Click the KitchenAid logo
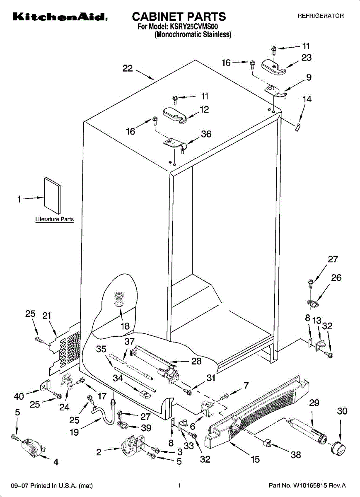coord(60,17)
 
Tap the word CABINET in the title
coord(157,17)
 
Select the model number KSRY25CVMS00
coord(194,27)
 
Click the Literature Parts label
coord(54,219)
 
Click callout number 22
coord(128,68)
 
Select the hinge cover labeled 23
coord(273,67)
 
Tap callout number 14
coord(307,99)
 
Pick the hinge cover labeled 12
coord(175,115)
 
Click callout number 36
coord(206,134)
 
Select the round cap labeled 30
coord(338,449)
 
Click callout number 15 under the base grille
coord(255,459)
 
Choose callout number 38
coord(296,455)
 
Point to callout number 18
coord(125,326)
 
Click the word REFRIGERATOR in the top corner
coord(321,16)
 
